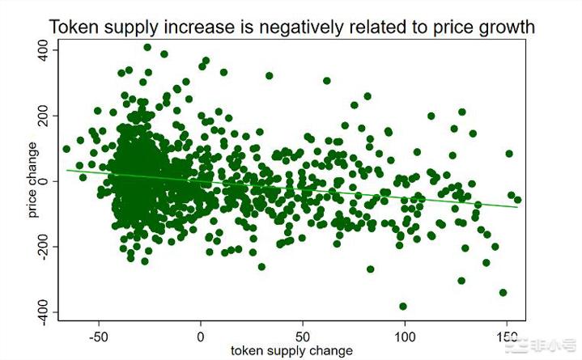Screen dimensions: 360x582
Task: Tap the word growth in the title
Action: click(x=505, y=27)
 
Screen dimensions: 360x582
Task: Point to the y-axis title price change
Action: click(x=32, y=180)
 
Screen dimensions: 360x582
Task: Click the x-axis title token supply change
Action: click(x=291, y=350)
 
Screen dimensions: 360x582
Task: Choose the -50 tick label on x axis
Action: click(x=99, y=334)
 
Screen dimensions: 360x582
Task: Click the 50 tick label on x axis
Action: click(x=303, y=334)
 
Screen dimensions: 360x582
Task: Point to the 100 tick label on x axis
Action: click(x=405, y=334)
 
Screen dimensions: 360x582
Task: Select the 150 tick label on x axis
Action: click(x=507, y=334)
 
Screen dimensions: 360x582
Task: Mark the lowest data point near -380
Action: click(x=403, y=307)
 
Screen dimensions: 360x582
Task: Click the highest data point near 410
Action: click(x=147, y=47)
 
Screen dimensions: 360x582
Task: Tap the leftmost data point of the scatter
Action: click(x=66, y=149)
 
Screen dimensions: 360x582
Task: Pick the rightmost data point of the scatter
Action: click(x=517, y=200)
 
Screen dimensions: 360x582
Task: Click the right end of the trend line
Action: click(x=517, y=207)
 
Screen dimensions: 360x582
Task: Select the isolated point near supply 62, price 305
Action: click(x=327, y=81)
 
